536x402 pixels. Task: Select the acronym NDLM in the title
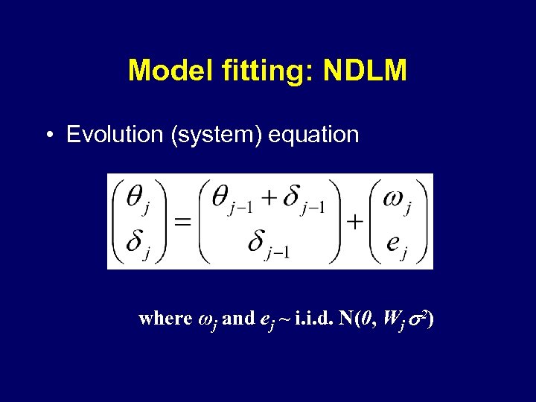point(367,71)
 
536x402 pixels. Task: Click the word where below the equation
point(165,319)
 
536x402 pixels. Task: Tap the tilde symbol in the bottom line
point(284,319)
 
